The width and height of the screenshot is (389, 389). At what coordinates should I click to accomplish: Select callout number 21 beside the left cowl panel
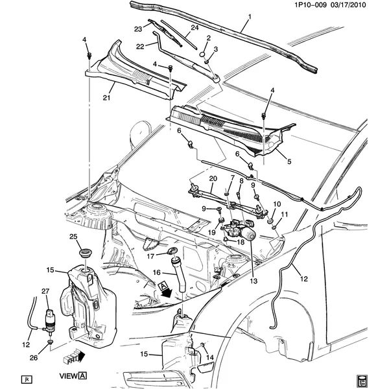click(106, 98)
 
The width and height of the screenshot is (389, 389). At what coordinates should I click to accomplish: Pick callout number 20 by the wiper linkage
click(211, 178)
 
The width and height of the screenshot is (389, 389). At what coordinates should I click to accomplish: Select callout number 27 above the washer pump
click(45, 291)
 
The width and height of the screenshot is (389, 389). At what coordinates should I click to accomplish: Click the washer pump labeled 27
click(49, 318)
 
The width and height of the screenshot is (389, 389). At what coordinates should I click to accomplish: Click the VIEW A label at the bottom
click(73, 375)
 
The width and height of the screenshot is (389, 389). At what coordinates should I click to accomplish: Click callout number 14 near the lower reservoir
click(209, 357)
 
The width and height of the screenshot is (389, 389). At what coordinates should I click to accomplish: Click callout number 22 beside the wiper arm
click(139, 46)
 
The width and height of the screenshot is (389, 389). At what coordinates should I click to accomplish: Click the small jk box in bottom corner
click(27, 378)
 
